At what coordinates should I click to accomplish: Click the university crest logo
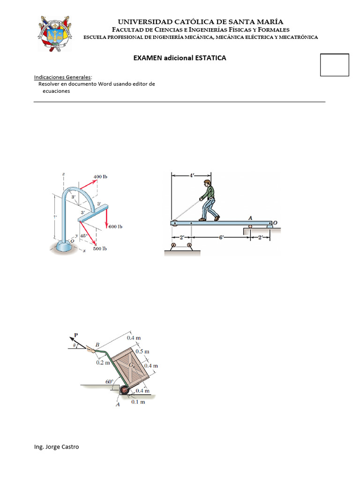tap(54, 34)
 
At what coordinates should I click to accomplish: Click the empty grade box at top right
tap(334, 65)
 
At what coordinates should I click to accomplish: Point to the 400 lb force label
tap(100, 177)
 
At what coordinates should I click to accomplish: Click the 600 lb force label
tap(115, 226)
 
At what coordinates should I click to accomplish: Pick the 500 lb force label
tap(100, 248)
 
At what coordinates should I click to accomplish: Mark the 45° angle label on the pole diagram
tap(84, 236)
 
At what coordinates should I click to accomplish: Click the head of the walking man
tap(207, 183)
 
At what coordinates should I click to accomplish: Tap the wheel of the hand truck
tap(124, 390)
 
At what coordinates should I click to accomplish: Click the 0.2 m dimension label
tap(103, 362)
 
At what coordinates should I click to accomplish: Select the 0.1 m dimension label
tap(137, 402)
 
